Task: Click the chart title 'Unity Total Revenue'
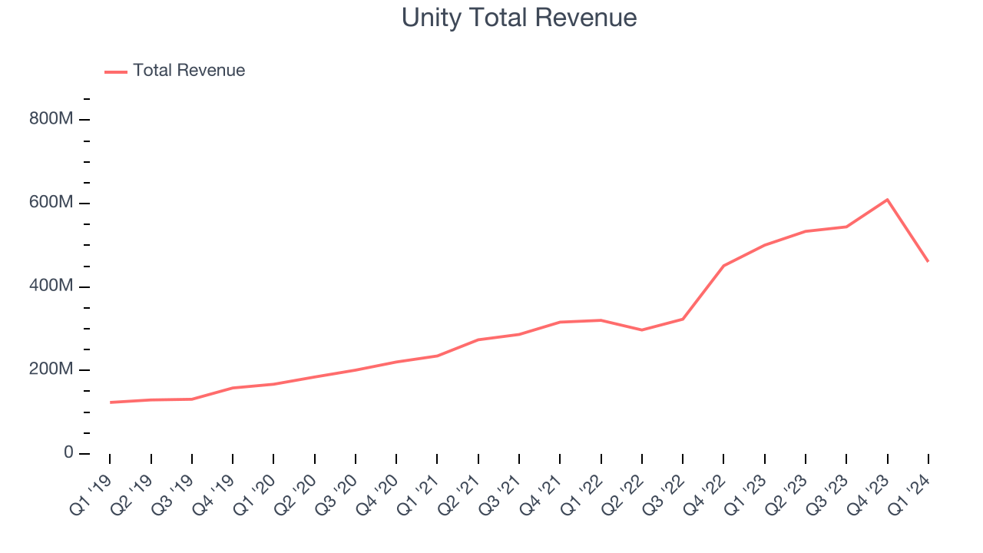point(519,18)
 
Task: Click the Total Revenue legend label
point(189,71)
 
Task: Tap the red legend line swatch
point(116,71)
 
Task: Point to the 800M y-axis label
point(51,120)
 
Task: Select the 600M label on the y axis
point(51,204)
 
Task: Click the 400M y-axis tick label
point(51,286)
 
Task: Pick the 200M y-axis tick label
point(51,370)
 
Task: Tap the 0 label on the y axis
point(68,453)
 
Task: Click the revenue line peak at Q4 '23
point(887,200)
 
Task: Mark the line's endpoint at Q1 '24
point(928,261)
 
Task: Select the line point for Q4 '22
point(723,266)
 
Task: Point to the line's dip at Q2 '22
point(642,330)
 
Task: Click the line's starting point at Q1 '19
point(110,402)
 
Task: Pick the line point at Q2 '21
point(478,339)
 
